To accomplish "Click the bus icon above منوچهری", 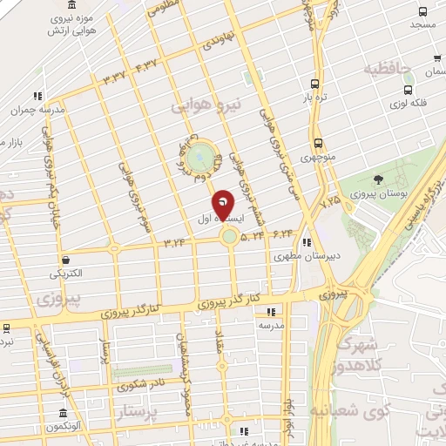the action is [x=317, y=143].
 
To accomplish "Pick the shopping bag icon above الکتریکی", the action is [x=65, y=259].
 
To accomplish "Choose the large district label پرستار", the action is [x=142, y=410].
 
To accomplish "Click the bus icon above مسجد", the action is [x=422, y=12].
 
